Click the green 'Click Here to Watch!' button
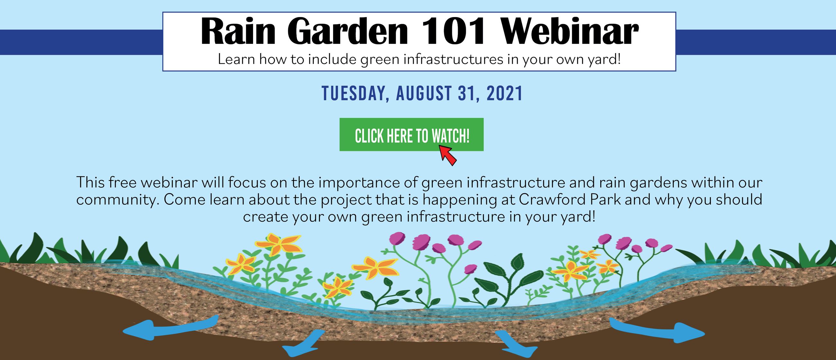[411, 134]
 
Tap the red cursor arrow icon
[448, 155]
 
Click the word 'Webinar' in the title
[569, 32]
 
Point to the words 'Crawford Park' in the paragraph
[570, 200]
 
